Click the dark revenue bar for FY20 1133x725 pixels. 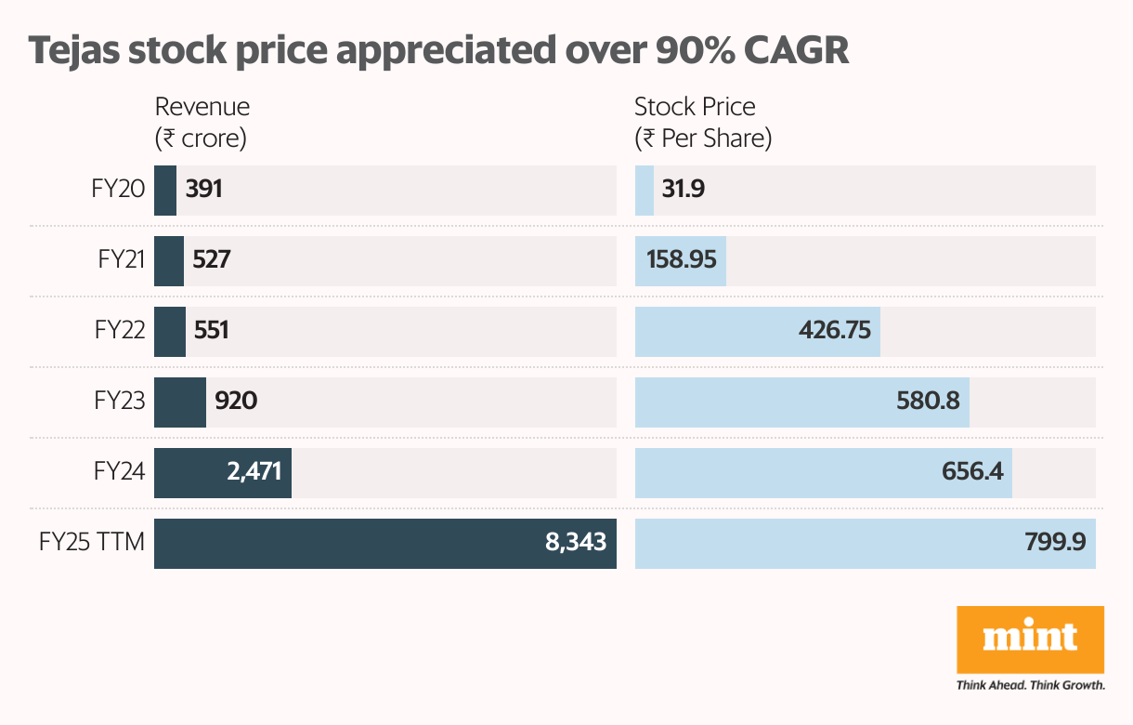point(165,191)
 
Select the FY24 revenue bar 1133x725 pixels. point(223,472)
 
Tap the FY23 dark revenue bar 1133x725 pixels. point(180,402)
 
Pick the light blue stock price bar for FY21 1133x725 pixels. point(680,261)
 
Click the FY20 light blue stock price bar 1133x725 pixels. point(645,191)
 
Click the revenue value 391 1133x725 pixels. point(204,191)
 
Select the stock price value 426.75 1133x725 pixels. point(836,331)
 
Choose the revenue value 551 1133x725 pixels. point(211,331)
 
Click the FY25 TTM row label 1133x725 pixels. point(92,543)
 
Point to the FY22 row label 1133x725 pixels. point(120,331)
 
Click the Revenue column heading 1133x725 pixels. point(202,107)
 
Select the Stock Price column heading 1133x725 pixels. point(695,107)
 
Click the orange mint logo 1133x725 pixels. point(1030,640)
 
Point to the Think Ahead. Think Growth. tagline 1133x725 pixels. point(1030,686)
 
